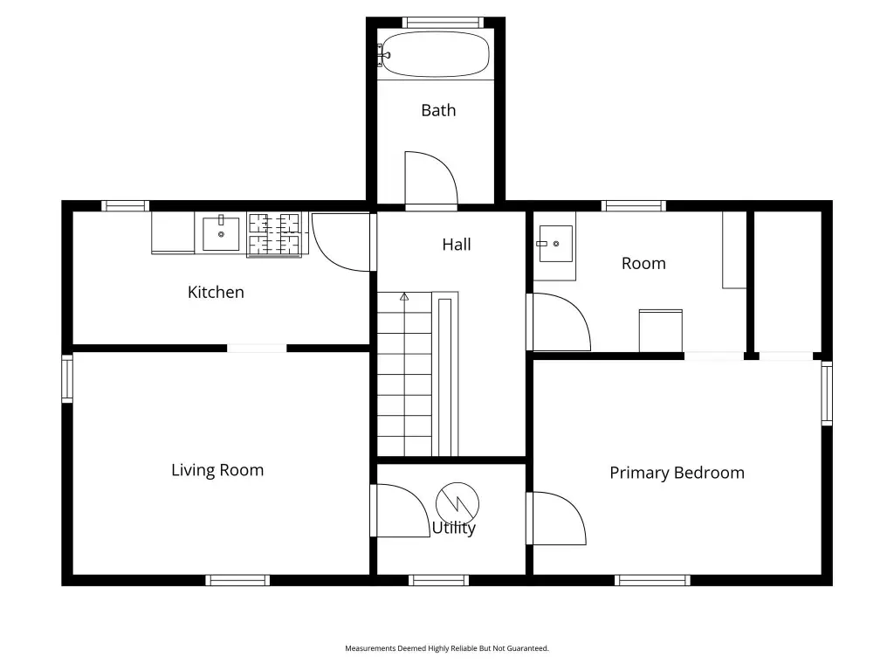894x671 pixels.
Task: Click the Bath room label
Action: [438, 110]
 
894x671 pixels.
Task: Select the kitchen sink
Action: [221, 233]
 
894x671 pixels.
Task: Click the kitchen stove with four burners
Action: [275, 235]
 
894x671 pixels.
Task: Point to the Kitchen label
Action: [216, 292]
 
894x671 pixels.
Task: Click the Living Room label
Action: [217, 470]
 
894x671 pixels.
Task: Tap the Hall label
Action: [456, 245]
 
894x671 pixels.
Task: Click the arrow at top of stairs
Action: [404, 297]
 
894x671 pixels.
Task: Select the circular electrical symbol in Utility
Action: [457, 504]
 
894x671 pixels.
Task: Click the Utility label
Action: [454, 529]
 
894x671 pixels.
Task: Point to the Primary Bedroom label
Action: [677, 473]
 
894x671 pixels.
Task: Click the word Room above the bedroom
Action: [643, 264]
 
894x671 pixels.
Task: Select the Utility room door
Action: [400, 510]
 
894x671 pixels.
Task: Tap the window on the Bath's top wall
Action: [443, 23]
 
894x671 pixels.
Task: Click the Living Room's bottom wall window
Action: [237, 580]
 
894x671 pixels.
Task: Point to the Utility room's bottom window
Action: [439, 580]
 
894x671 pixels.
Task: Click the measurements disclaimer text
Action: [447, 648]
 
